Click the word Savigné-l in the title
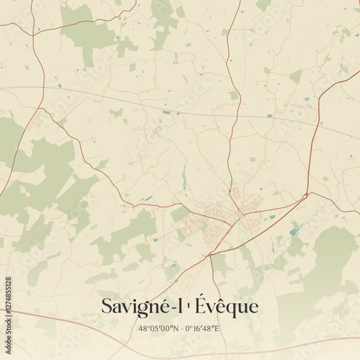141,307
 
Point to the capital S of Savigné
107,306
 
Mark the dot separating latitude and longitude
181,328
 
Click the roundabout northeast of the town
307,194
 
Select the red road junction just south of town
210,255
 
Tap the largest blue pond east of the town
293,232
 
